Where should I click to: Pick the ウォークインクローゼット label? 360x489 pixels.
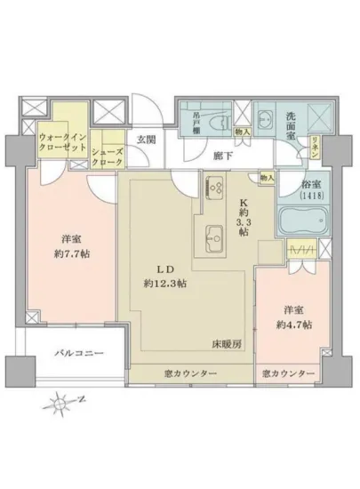61,142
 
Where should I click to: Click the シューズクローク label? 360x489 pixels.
108,157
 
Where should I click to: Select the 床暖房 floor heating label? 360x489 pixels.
223,342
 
